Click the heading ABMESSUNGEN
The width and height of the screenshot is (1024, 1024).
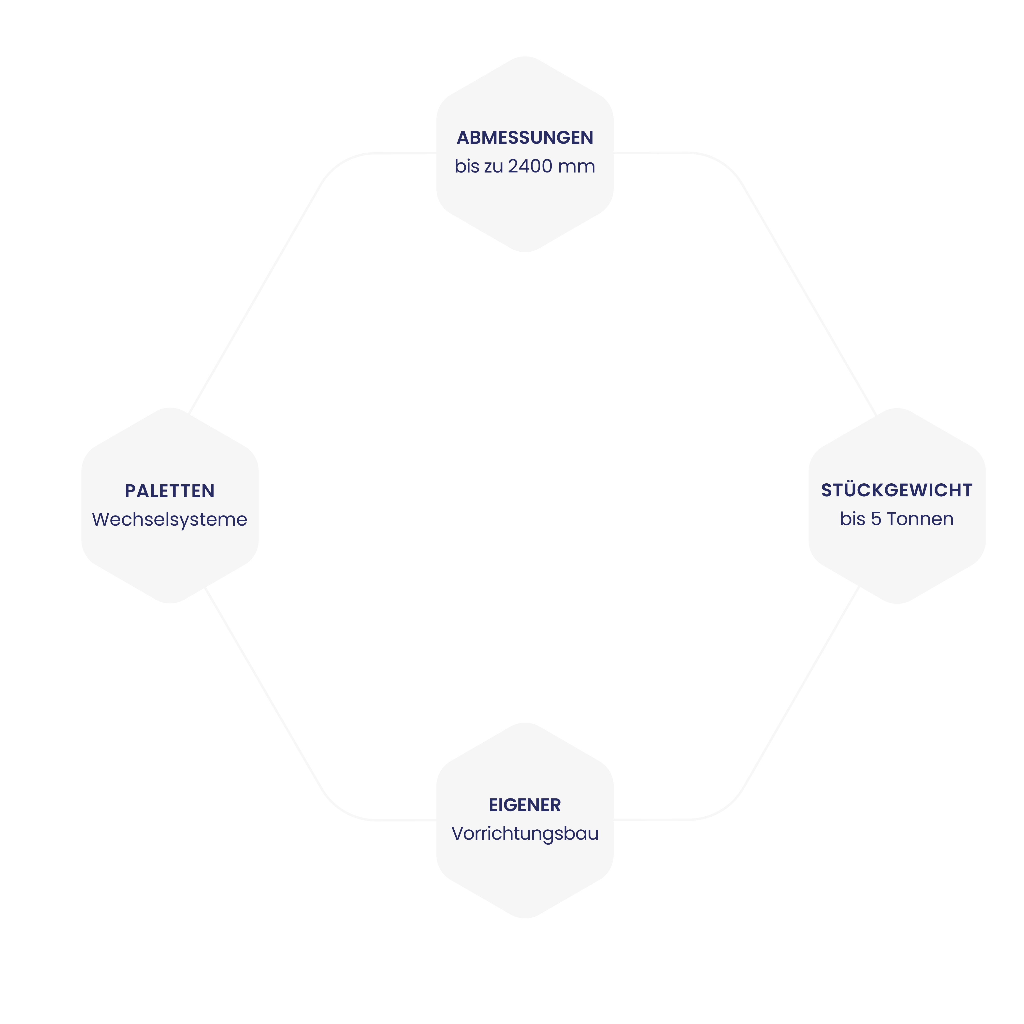pos(525,138)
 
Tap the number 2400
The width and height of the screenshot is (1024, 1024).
pos(530,166)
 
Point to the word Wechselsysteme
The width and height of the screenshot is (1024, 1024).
pos(170,519)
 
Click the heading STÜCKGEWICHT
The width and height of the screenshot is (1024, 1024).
pos(897,490)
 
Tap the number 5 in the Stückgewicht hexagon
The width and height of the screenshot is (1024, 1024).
pos(876,519)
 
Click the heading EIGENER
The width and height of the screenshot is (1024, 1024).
pos(525,805)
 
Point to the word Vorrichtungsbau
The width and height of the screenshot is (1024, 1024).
pos(525,834)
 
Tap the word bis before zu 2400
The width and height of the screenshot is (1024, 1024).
pos(466,166)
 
